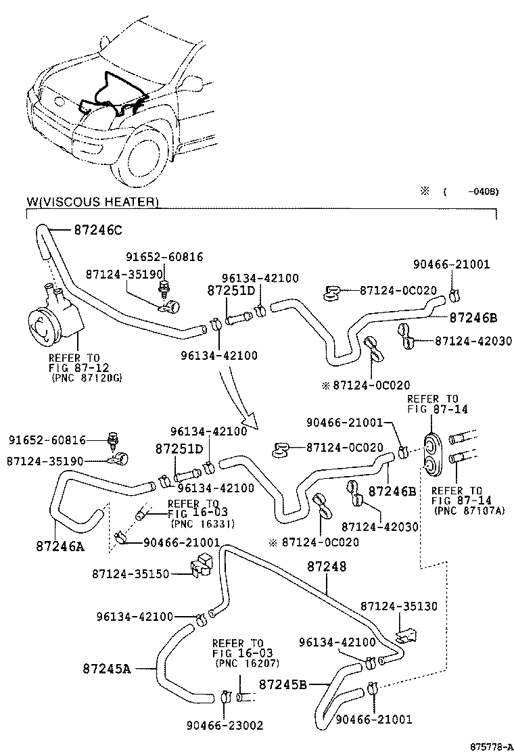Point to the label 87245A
click(x=107, y=668)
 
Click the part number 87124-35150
click(x=131, y=574)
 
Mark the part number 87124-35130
click(x=398, y=607)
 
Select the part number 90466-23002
click(x=225, y=726)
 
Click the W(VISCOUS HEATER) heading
click(x=93, y=202)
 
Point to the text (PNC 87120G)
click(x=87, y=377)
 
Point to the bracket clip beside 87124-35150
click(x=201, y=567)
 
